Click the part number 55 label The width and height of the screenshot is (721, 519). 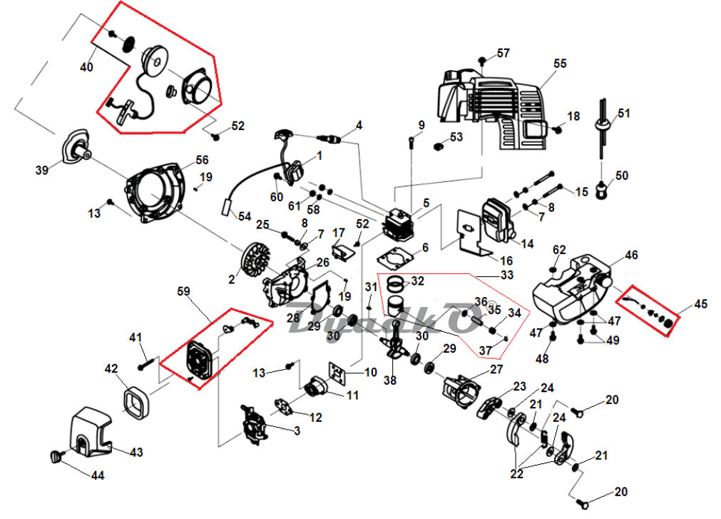pyautogui.click(x=560, y=64)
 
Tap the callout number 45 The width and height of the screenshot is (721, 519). pyautogui.click(x=701, y=304)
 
